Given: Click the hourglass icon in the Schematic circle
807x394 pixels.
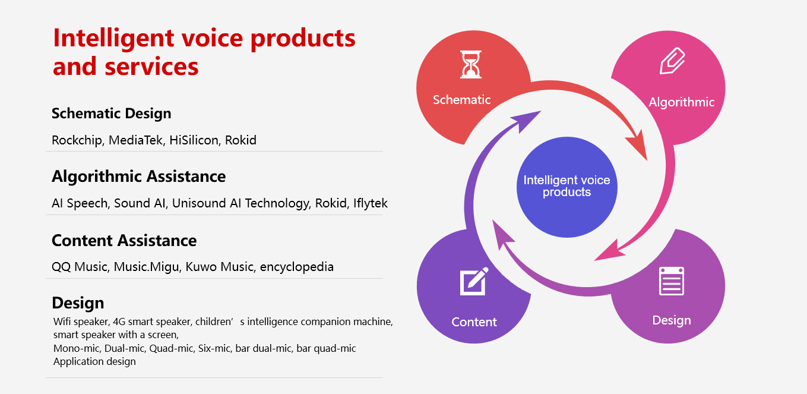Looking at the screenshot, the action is (x=470, y=65).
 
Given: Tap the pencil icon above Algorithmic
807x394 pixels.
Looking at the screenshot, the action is (x=672, y=61).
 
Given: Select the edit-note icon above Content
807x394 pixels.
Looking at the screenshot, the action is (x=474, y=281).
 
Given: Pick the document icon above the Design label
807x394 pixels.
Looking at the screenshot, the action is (x=672, y=281).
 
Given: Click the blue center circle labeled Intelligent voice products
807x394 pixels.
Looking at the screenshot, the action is (x=567, y=187).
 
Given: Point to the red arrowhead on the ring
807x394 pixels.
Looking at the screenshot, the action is (x=638, y=144).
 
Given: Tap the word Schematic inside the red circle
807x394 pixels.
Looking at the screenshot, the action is (x=461, y=99).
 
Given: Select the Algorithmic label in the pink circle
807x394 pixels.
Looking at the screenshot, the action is (x=682, y=102).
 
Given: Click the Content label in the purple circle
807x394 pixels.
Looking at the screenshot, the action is (x=474, y=322).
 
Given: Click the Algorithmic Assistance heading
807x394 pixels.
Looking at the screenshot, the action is (x=139, y=176).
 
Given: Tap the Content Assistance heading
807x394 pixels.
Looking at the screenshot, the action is (x=124, y=241).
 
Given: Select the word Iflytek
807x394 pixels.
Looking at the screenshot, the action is (x=371, y=203).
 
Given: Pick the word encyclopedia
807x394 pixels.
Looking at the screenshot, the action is (x=297, y=267).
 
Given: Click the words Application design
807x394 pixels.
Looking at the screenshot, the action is (x=94, y=361).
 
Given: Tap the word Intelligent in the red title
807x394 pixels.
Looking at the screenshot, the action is (x=113, y=38).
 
